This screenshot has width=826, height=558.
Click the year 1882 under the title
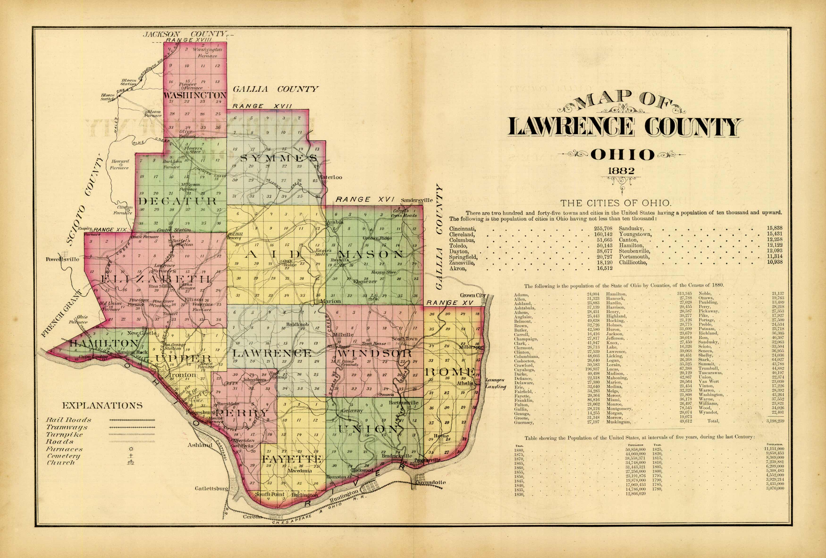621,171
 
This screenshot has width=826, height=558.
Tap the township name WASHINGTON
195,95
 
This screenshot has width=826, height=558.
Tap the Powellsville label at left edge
63,259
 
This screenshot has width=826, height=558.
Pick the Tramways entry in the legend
67,427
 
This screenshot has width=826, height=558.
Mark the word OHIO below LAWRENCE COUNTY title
622,155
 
